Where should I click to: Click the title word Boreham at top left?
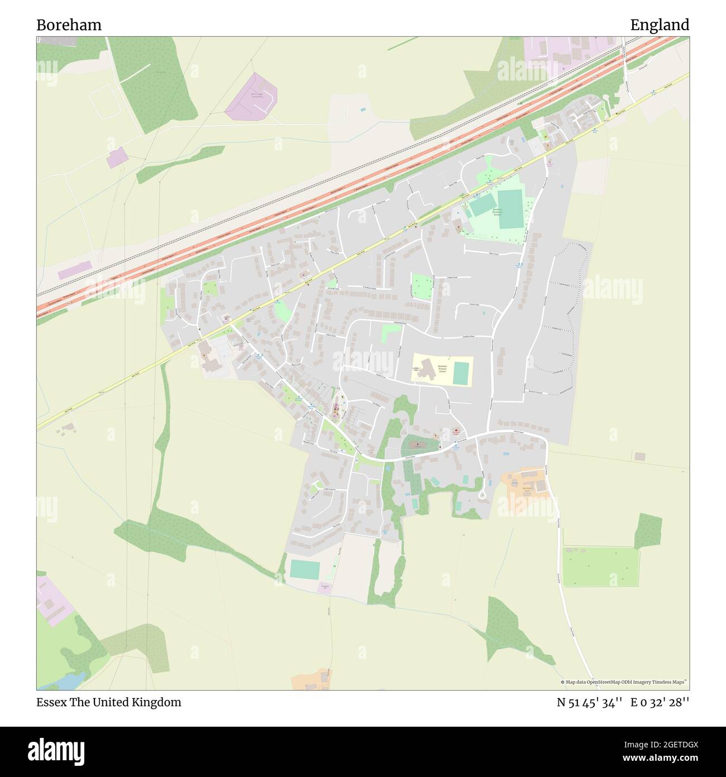(69, 25)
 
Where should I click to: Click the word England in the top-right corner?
(660, 25)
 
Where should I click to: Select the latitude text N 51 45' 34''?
(589, 703)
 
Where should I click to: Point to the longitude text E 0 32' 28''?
(660, 703)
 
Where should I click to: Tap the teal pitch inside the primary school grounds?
(460, 373)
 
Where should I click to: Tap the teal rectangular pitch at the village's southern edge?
(304, 570)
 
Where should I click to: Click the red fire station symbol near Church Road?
(456, 430)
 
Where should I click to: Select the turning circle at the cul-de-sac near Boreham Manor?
(482, 495)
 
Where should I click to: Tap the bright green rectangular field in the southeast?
(600, 567)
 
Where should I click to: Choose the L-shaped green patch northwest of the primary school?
(391, 333)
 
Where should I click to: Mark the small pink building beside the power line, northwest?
(117, 158)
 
